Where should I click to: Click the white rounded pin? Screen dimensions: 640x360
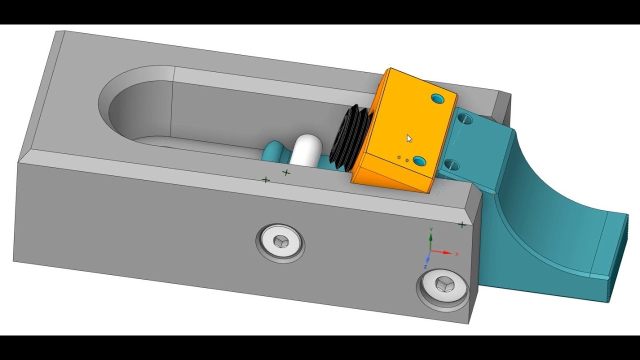[x=305, y=151]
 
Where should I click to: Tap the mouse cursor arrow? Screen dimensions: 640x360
[x=409, y=139]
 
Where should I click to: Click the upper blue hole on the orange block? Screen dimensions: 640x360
[x=437, y=99]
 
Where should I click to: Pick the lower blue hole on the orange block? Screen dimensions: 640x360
[x=420, y=161]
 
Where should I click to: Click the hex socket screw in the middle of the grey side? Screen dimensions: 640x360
[x=280, y=242]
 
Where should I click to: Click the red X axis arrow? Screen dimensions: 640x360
[x=441, y=252]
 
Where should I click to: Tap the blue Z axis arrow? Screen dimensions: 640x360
[x=428, y=257]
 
